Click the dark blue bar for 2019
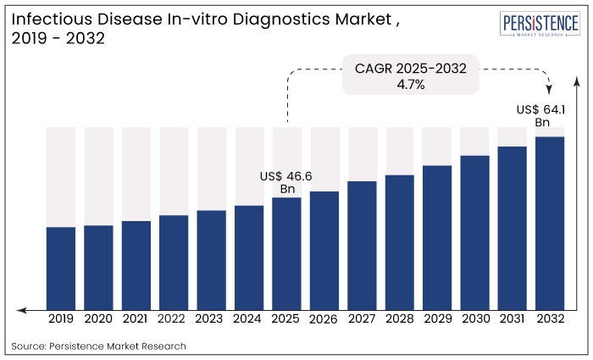click(61, 267)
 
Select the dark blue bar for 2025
click(287, 252)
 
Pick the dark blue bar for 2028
click(400, 241)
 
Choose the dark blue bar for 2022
click(174, 261)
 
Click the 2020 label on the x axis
click(98, 319)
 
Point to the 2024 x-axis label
click(249, 319)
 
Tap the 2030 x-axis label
click(475, 319)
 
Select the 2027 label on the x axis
click(362, 319)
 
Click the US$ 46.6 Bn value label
click(286, 182)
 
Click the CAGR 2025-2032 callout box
click(411, 75)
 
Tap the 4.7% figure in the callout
click(410, 84)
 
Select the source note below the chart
click(99, 346)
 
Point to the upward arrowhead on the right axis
click(577, 81)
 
